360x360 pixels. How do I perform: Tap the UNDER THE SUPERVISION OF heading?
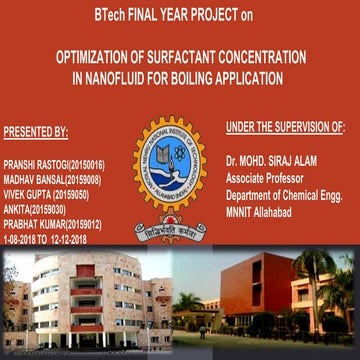pos(285,127)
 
